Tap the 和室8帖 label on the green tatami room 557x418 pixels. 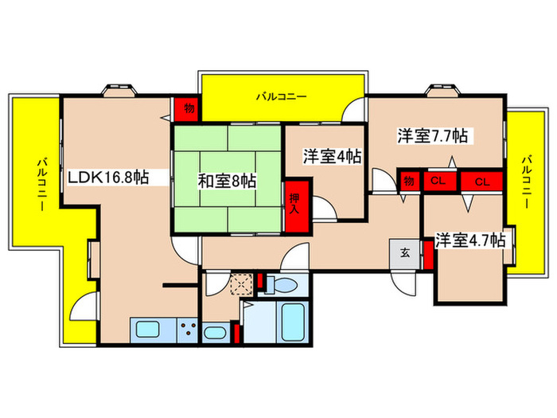(x=227, y=181)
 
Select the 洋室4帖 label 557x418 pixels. (x=331, y=157)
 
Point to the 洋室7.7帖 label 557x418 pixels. (x=432, y=137)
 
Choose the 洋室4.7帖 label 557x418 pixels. (x=469, y=239)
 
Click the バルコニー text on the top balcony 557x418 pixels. (x=281, y=97)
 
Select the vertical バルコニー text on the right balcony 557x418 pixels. (x=525, y=182)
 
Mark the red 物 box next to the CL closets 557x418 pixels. (x=409, y=182)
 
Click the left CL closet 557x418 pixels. (x=437, y=182)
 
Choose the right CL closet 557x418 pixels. (x=481, y=182)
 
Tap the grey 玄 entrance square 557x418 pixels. (x=404, y=254)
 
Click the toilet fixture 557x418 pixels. (x=281, y=283)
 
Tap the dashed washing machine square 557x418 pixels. (x=238, y=283)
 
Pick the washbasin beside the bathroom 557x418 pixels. (x=213, y=333)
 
